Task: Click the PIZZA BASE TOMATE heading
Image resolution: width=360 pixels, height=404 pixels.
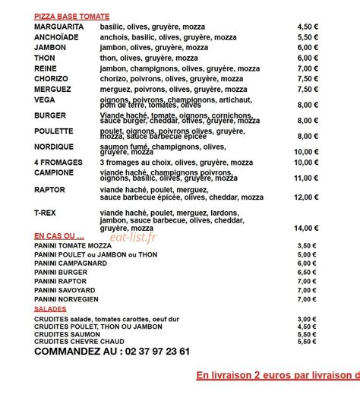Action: (x=71, y=16)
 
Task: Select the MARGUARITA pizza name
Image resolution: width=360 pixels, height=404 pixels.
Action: (x=58, y=27)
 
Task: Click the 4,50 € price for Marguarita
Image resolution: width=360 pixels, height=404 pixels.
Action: (x=307, y=27)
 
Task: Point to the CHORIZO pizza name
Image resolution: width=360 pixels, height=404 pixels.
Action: (x=51, y=78)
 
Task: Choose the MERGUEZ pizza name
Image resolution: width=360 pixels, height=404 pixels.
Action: (x=52, y=89)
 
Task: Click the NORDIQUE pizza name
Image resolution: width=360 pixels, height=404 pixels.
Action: (x=54, y=147)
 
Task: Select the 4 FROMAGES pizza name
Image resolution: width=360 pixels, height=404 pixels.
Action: (x=59, y=163)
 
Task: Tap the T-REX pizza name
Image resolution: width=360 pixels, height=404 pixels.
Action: (x=46, y=213)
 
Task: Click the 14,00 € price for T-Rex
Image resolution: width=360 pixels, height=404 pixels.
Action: (x=306, y=228)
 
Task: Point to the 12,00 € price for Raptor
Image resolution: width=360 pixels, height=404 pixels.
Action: (x=306, y=197)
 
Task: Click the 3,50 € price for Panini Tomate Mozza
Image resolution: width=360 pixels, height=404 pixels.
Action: (x=307, y=246)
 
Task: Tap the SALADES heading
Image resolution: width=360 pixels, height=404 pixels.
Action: (x=50, y=309)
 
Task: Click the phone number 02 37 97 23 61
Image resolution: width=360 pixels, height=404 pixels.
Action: (x=147, y=352)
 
